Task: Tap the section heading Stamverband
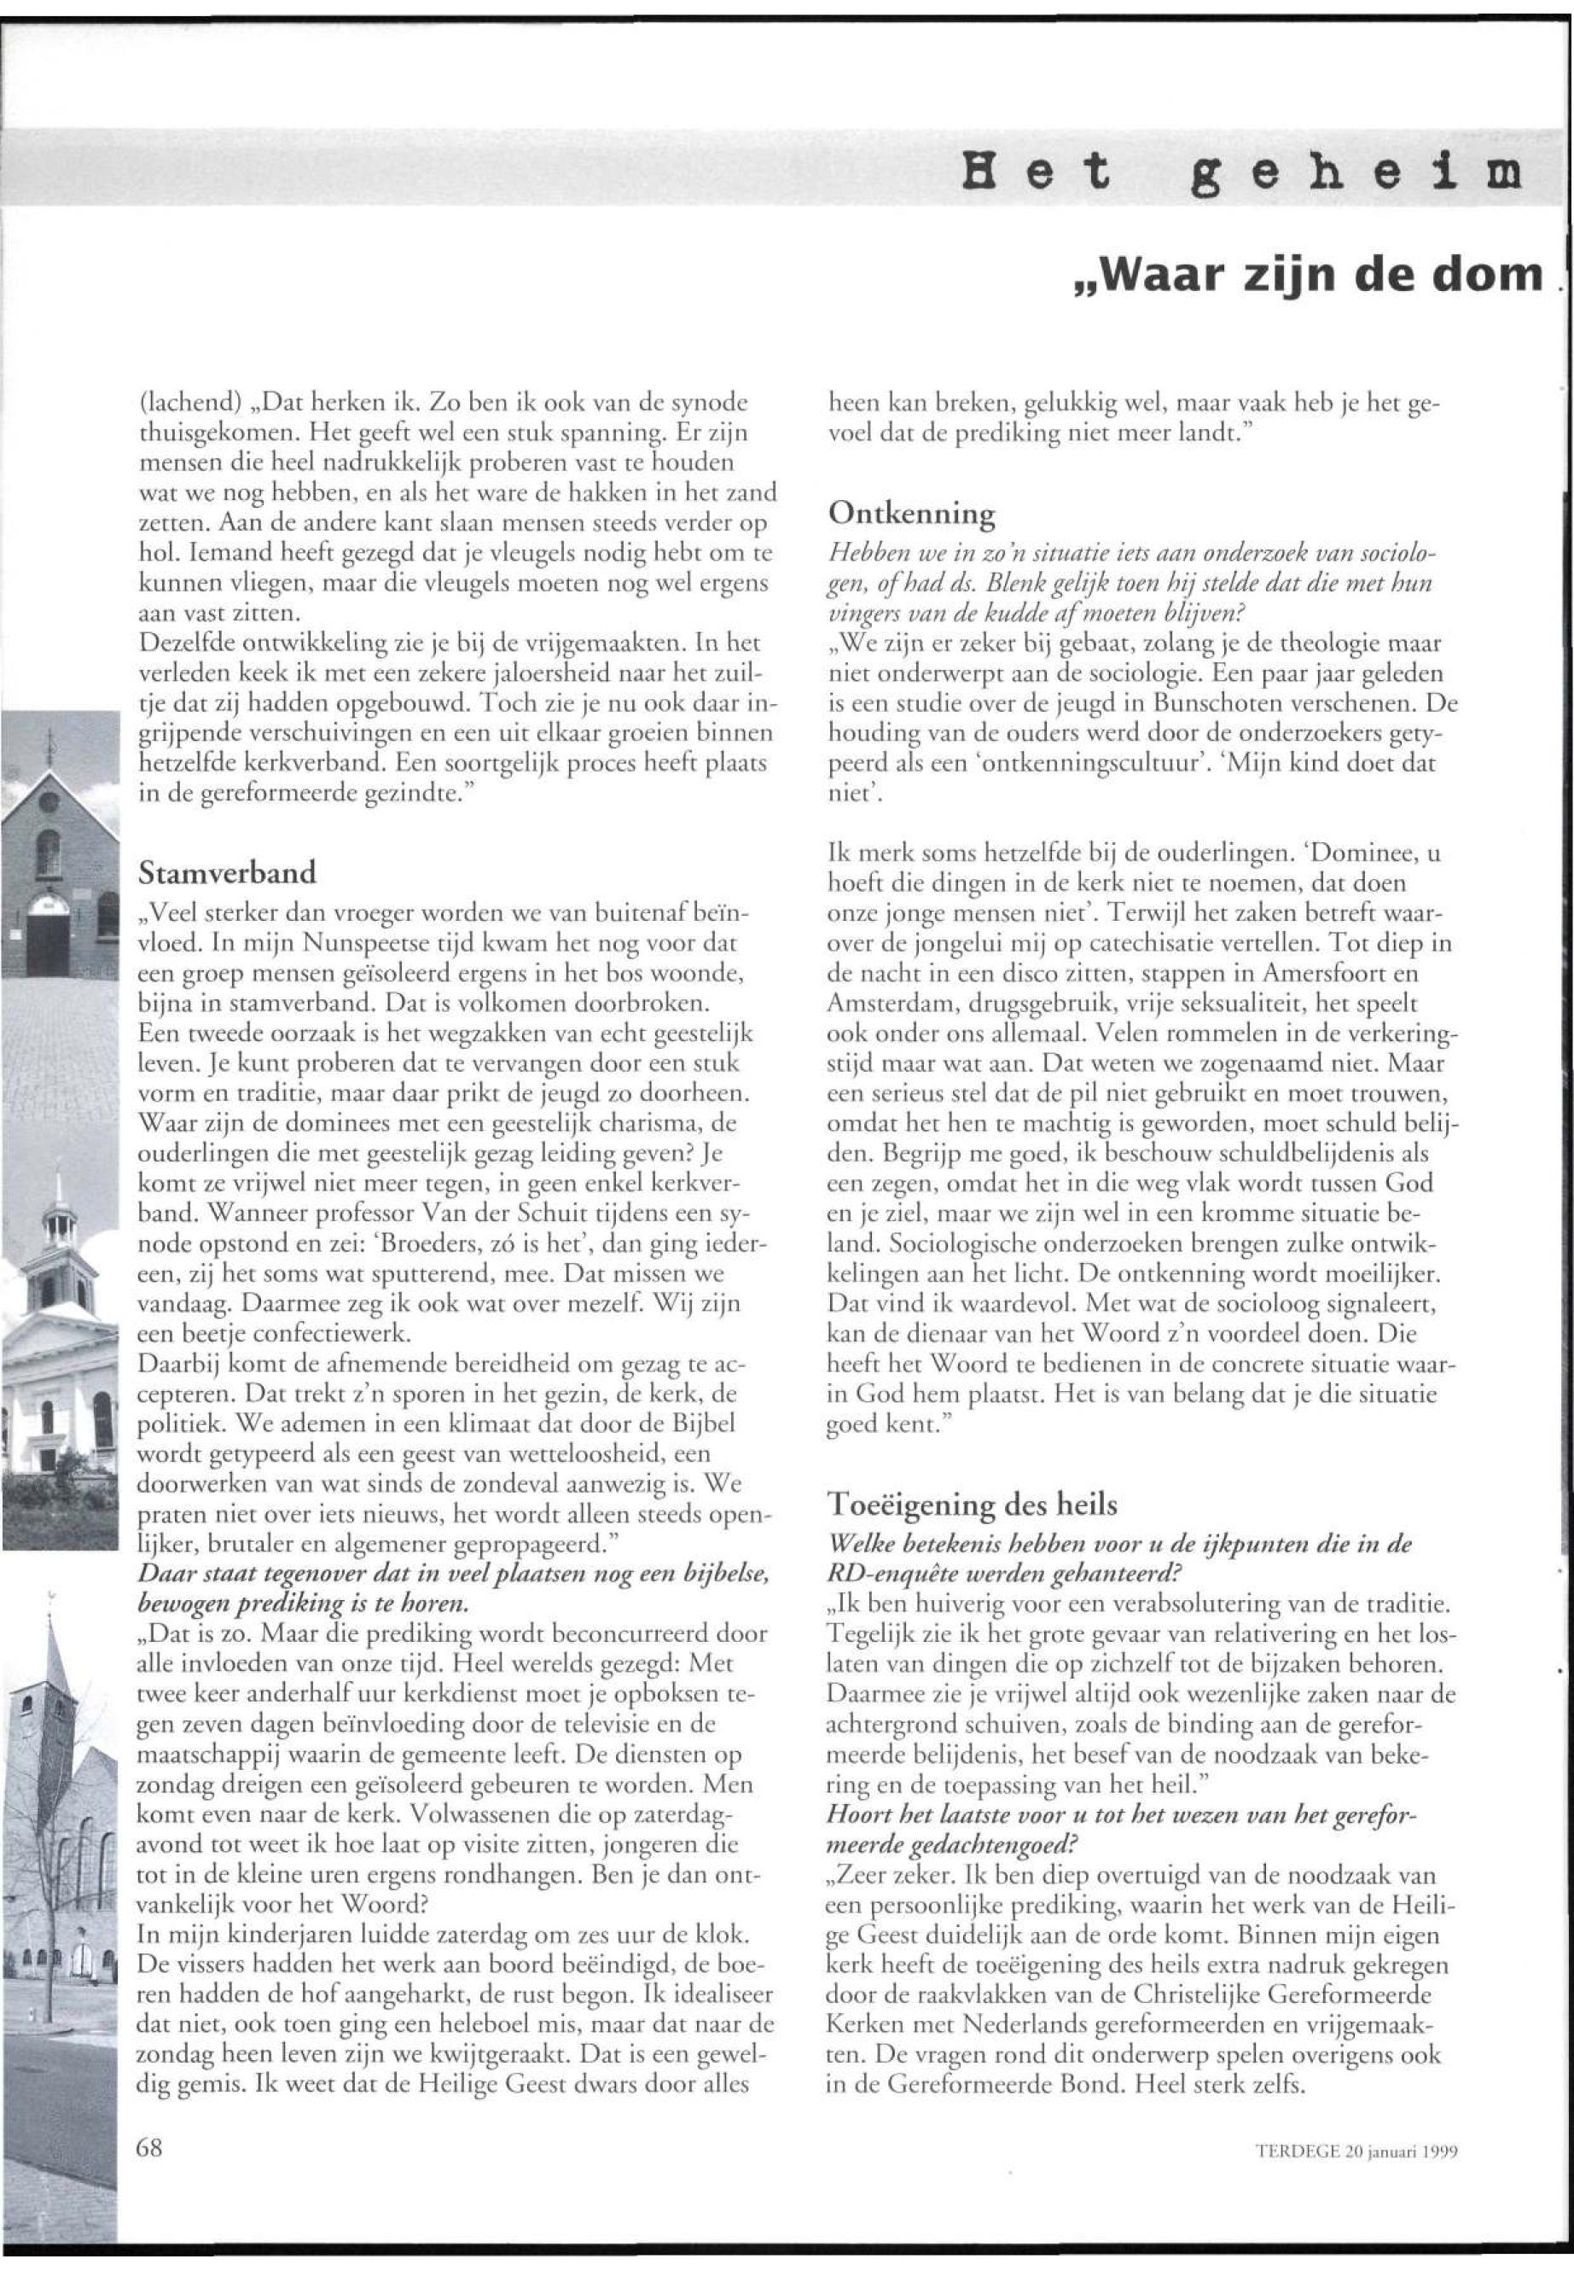coord(228,872)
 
